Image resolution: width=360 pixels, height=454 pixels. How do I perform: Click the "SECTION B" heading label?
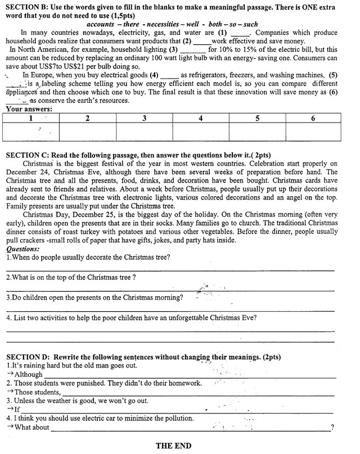click(x=26, y=5)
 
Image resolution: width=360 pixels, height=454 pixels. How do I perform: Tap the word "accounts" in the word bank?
click(x=105, y=25)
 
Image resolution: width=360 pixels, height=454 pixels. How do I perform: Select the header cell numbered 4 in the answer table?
click(x=201, y=119)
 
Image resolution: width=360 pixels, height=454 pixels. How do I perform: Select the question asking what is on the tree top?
click(x=71, y=278)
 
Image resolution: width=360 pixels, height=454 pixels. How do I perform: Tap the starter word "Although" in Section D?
click(x=29, y=374)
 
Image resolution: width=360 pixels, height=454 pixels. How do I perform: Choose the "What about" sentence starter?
click(x=32, y=428)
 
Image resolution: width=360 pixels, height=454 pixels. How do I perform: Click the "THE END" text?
click(x=173, y=446)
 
